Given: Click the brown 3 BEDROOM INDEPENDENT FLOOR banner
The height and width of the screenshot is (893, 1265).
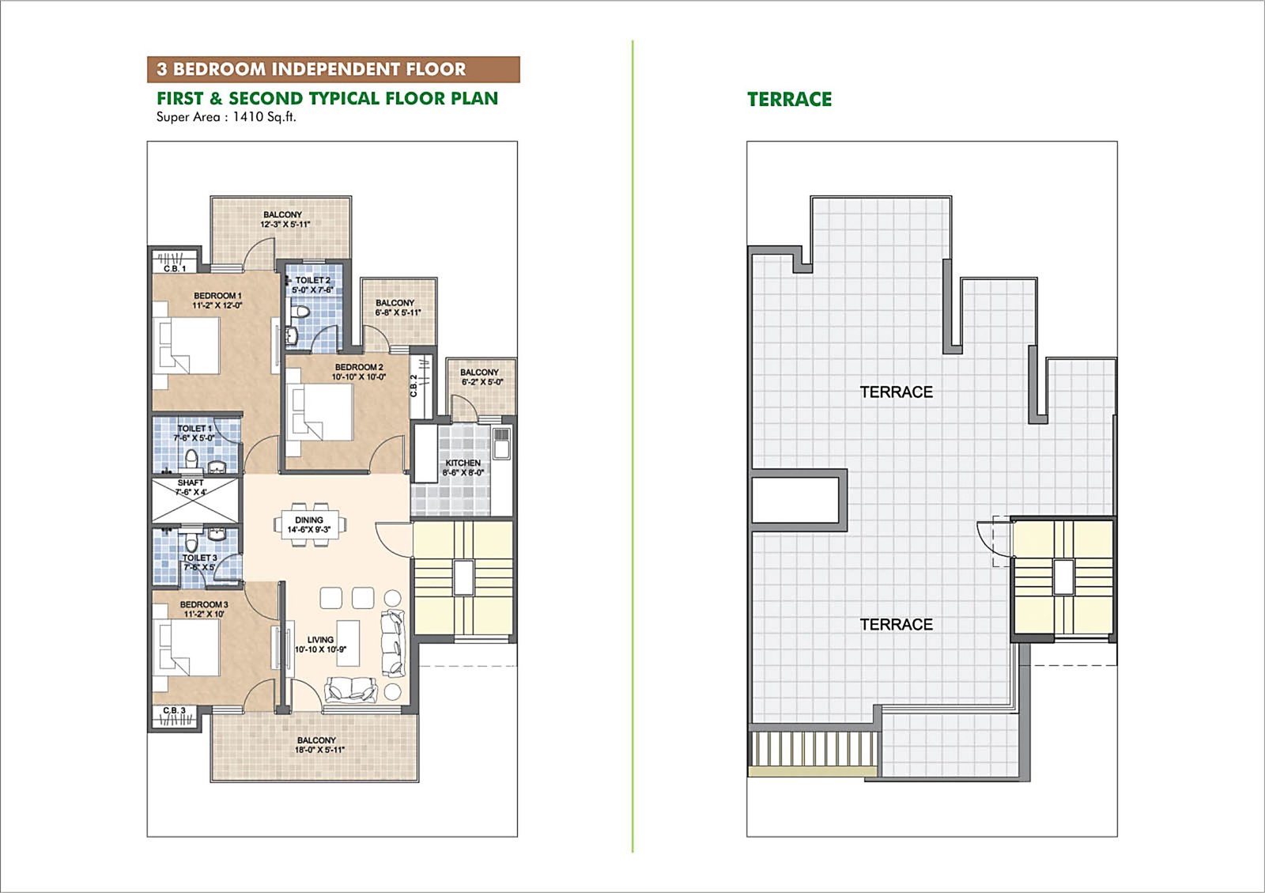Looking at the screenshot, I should coord(333,70).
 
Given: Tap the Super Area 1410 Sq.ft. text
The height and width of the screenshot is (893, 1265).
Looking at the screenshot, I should coord(226,117).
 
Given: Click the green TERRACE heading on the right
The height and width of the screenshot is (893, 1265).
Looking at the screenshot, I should coord(789,100).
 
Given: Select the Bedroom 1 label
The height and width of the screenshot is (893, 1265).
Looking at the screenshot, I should coord(217,301).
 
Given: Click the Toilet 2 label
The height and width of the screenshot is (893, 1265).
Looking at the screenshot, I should coord(312,285).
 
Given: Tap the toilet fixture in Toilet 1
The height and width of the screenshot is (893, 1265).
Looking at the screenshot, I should coord(191,460).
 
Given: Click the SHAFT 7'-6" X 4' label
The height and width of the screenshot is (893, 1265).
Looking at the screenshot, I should coord(191,487).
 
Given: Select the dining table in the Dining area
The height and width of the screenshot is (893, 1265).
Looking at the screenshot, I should coord(310,525).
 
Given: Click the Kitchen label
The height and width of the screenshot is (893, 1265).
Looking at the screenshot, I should coord(463,467).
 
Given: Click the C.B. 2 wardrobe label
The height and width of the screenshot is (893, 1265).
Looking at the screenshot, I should coord(413,385).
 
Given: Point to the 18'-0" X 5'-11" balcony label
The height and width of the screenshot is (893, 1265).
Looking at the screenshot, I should coord(316,745).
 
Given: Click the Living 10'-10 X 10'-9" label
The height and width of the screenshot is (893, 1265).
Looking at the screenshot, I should coord(320,645).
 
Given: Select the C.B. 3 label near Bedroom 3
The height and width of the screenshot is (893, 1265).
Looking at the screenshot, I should coord(174,710).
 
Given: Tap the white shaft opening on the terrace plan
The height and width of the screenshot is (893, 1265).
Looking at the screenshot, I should coord(794,499).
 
